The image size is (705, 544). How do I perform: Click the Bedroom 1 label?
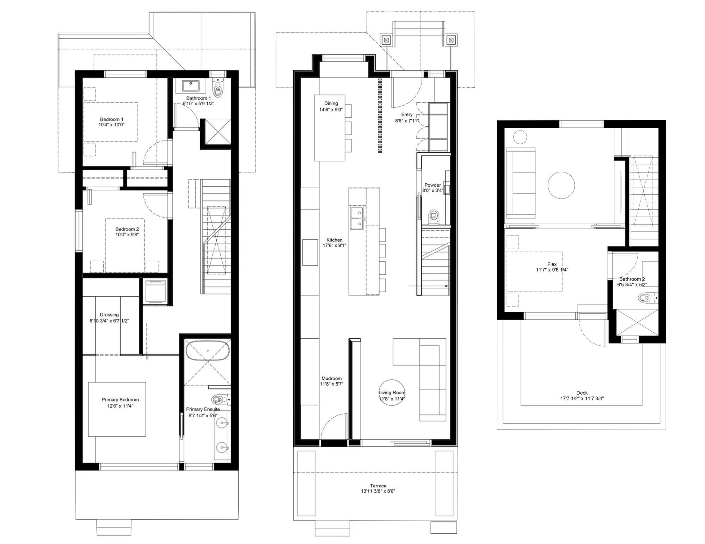click(x=111, y=119)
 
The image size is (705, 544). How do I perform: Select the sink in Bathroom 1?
click(x=191, y=86)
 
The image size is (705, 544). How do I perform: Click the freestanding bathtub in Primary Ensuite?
click(x=208, y=350)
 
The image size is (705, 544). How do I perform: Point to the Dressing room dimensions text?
click(x=109, y=321)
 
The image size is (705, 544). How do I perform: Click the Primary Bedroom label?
click(x=120, y=400)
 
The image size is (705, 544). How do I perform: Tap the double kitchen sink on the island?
click(x=357, y=218)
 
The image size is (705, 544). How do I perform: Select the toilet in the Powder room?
click(x=434, y=216)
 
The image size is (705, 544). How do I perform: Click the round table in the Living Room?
click(x=392, y=392)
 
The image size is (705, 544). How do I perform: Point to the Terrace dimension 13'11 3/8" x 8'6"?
click(x=378, y=491)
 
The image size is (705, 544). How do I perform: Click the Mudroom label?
click(x=331, y=379)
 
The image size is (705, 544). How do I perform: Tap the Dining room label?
click(x=331, y=103)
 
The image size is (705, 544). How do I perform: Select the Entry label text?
click(x=406, y=114)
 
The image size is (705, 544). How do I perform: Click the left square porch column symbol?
click(x=386, y=40)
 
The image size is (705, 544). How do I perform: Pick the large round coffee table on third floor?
click(x=561, y=185)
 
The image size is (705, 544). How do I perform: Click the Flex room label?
click(x=552, y=264)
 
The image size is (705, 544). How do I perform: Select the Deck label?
click(x=582, y=393)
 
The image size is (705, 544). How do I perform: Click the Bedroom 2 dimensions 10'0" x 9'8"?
click(x=127, y=235)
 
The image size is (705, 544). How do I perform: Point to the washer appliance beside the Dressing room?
click(x=155, y=291)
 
